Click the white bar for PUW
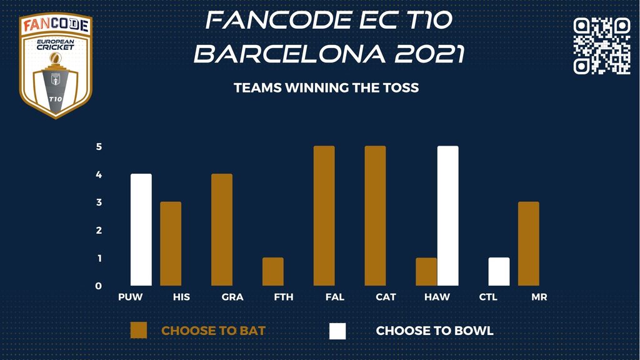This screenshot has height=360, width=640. [x=141, y=230]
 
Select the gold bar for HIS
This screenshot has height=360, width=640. [x=171, y=244]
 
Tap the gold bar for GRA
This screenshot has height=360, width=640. [x=222, y=230]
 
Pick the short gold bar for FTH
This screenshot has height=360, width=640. [x=273, y=271]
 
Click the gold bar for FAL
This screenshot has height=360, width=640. [x=324, y=216]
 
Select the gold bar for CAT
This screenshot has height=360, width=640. [x=375, y=216]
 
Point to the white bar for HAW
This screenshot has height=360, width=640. [x=447, y=216]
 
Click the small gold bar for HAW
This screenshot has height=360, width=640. [x=426, y=271]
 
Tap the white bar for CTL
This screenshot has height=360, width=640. [x=499, y=271]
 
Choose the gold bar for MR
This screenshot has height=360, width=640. [x=529, y=244]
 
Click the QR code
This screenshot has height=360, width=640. [x=602, y=46]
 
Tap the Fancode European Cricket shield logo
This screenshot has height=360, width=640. [x=56, y=65]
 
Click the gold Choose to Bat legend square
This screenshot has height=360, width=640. [x=138, y=331]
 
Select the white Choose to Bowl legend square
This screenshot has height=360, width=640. [x=337, y=331]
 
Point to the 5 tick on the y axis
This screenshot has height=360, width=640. [x=99, y=146]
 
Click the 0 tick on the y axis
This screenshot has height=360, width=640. [x=98, y=286]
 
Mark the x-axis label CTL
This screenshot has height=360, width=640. [x=488, y=297]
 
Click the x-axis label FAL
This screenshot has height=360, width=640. [x=335, y=297]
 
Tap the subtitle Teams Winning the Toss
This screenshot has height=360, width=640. [x=326, y=87]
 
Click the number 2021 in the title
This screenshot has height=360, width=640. [x=430, y=54]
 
